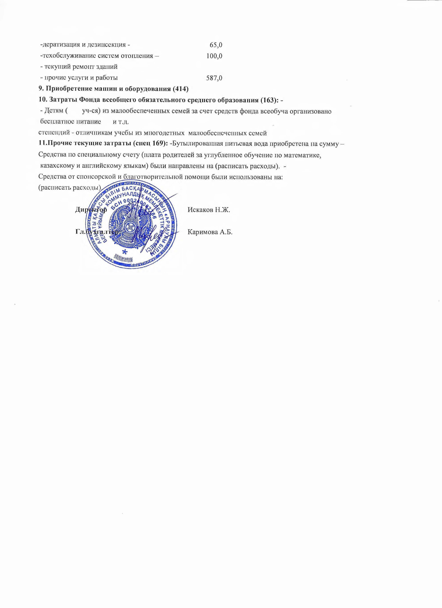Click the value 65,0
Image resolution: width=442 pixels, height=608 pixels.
(216, 45)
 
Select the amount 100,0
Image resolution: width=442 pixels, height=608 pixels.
(214, 56)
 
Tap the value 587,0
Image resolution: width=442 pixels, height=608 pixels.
(214, 78)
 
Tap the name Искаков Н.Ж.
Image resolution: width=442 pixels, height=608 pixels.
(209, 210)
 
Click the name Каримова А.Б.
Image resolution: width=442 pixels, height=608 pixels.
(210, 232)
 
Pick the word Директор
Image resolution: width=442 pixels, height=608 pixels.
(91, 210)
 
